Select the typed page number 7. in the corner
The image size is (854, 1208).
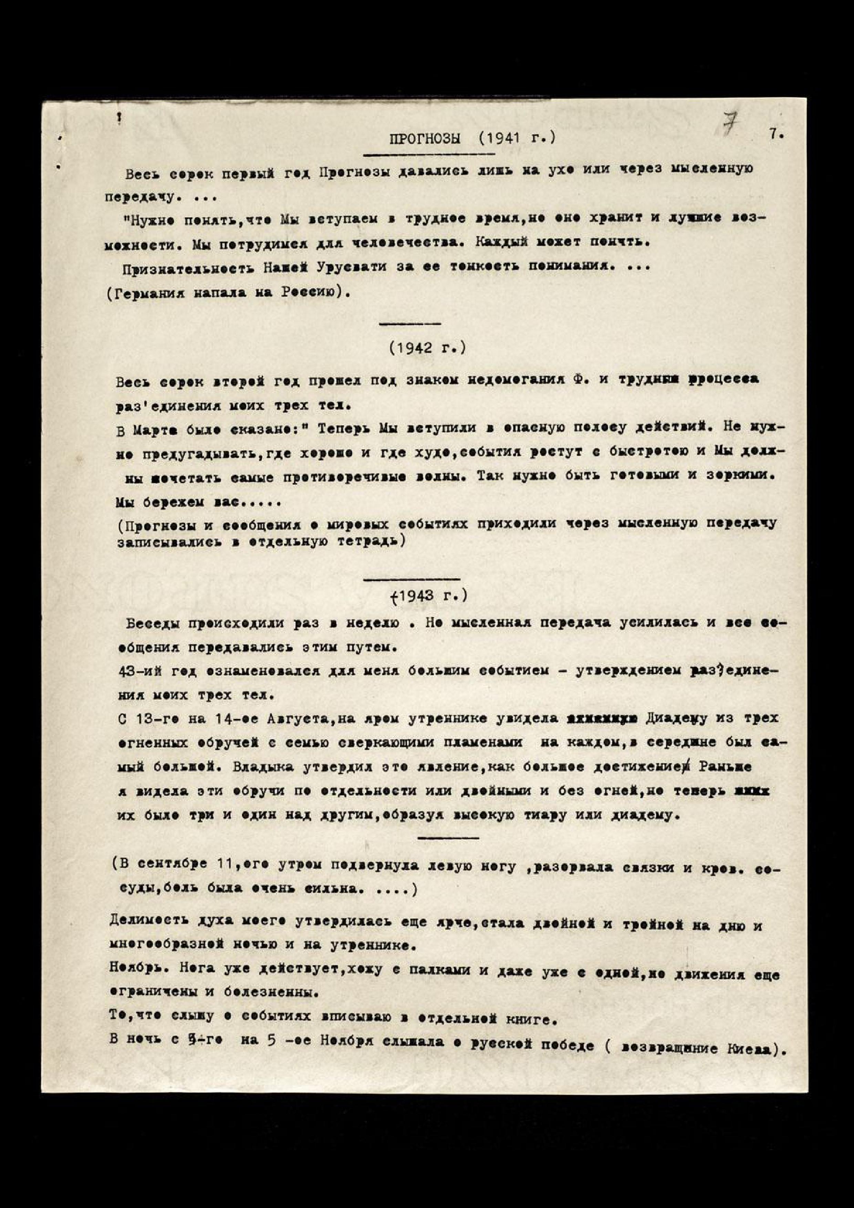click(777, 134)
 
